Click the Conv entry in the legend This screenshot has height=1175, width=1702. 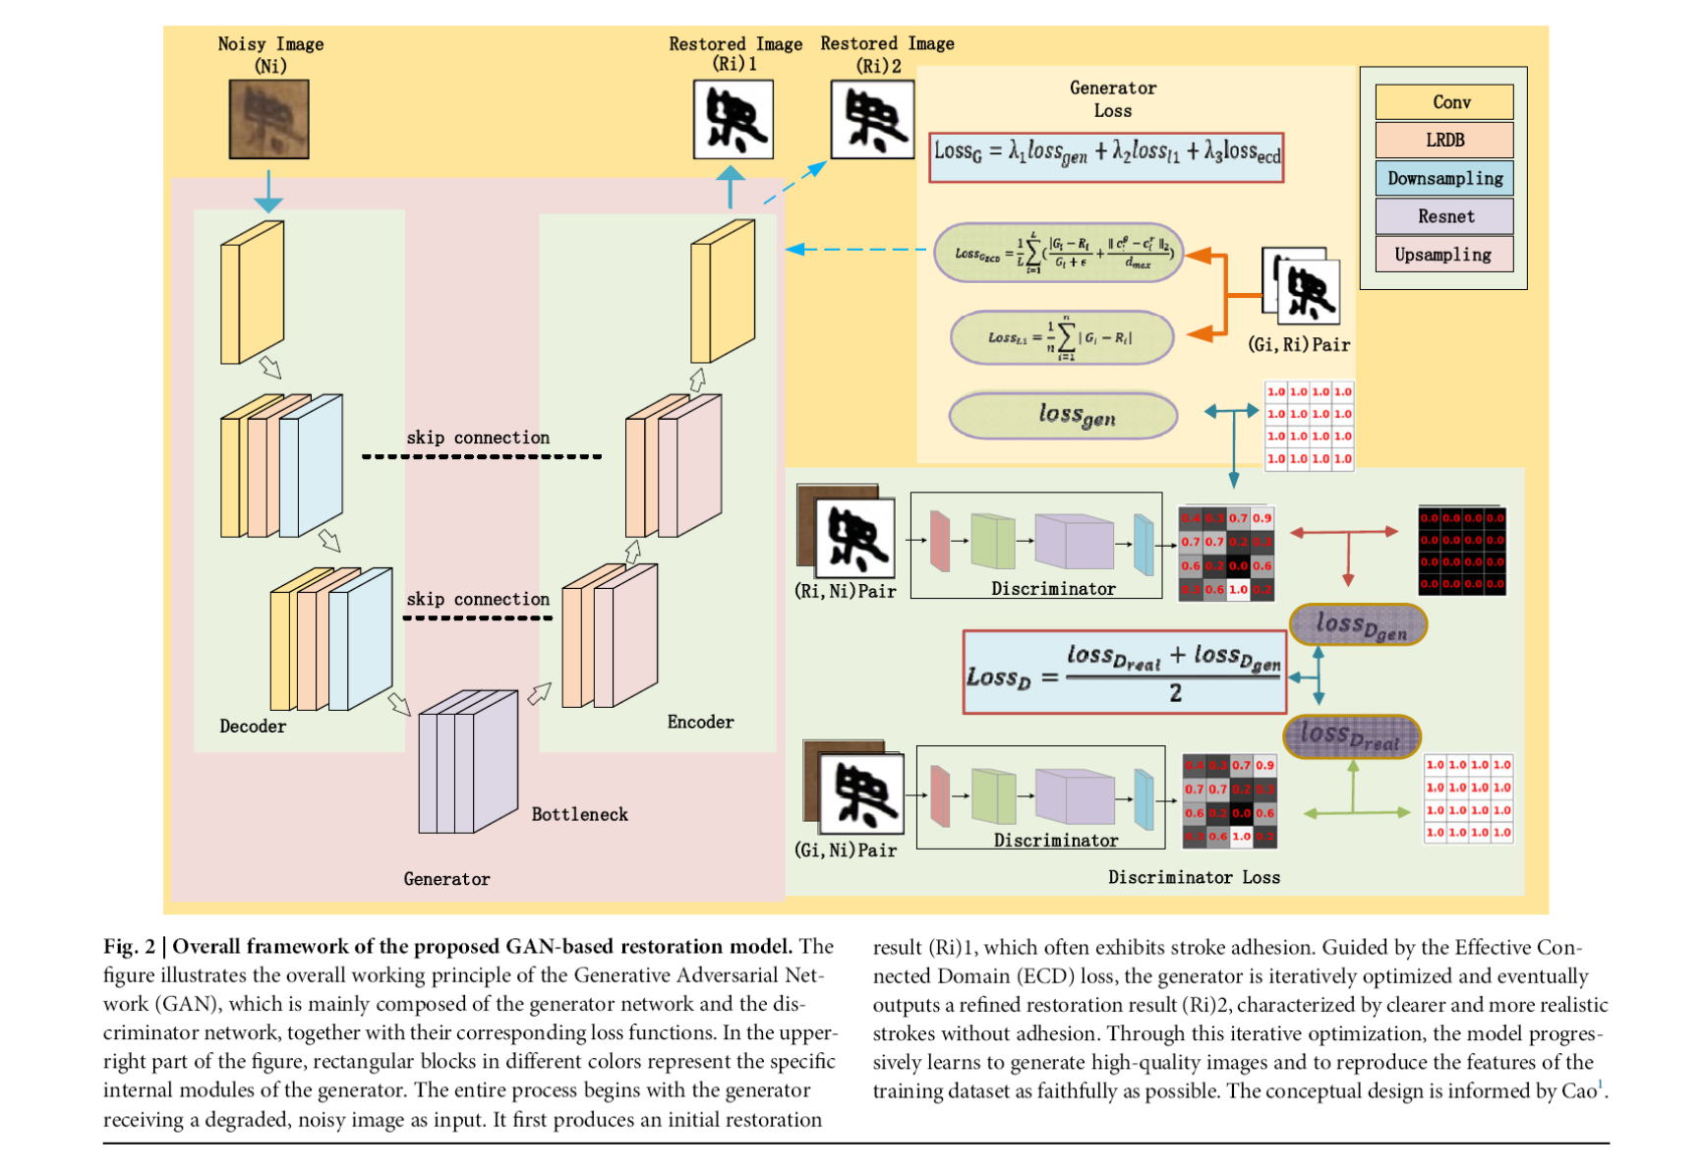1443,102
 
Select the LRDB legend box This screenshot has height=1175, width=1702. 1443,141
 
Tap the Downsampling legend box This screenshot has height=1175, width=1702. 1443,179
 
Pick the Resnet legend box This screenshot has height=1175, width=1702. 1443,216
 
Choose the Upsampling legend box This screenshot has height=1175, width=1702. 1443,255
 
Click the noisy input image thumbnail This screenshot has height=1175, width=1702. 268,120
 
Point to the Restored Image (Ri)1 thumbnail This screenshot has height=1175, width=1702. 734,120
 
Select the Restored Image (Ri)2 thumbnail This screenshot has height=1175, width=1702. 872,120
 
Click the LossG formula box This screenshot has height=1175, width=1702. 1106,156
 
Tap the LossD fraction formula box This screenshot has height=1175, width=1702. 1124,673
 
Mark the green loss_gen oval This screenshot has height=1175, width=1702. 1063,416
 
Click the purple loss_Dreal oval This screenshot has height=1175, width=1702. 1352,736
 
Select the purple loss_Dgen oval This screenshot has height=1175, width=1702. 1358,625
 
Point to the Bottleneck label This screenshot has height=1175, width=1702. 579,814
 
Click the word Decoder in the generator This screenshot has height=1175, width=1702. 253,727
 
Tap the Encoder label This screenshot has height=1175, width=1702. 700,722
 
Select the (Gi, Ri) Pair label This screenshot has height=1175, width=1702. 1298,345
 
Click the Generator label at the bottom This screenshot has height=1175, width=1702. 446,879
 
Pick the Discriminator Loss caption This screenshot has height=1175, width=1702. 1194,877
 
